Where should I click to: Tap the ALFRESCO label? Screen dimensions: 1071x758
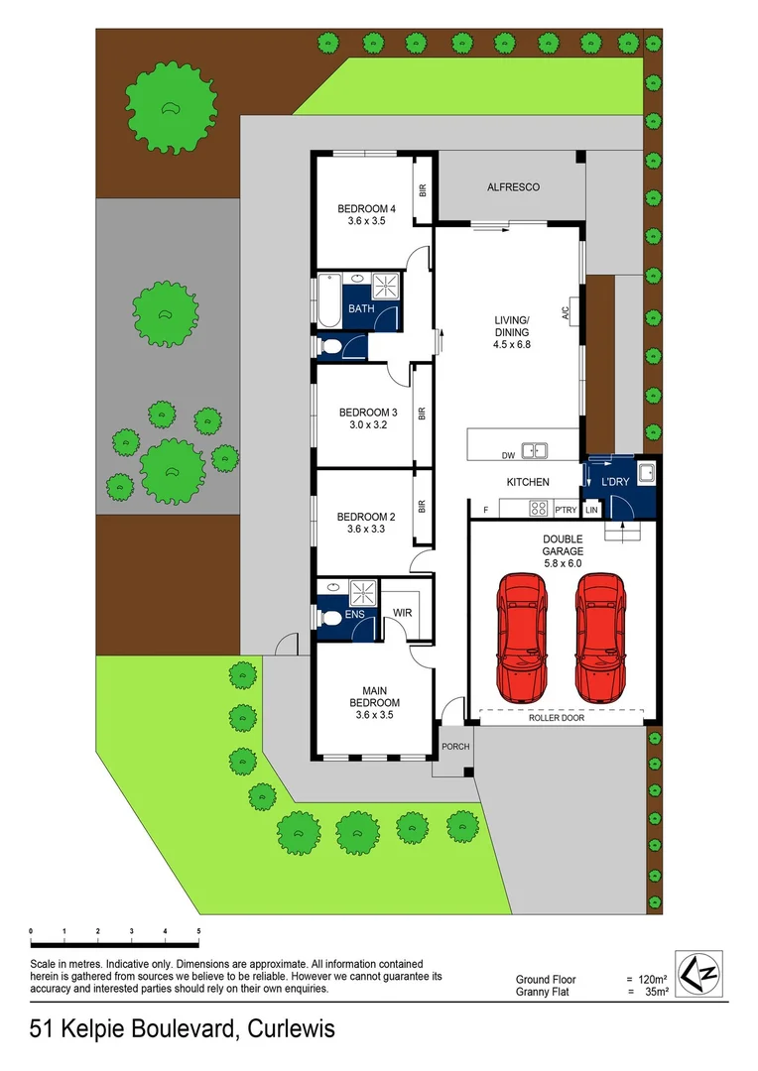[513, 186]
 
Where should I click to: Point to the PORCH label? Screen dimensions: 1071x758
[455, 747]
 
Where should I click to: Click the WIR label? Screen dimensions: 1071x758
[403, 614]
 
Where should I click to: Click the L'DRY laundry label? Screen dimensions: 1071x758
[616, 482]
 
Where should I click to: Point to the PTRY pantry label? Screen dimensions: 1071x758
[566, 510]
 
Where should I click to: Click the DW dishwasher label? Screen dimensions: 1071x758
[508, 455]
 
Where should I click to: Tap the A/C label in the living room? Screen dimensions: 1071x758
[566, 314]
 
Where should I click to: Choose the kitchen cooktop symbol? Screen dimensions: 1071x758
[540, 508]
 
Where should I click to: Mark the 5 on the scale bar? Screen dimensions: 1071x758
[199, 931]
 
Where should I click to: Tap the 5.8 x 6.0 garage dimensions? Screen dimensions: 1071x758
[562, 563]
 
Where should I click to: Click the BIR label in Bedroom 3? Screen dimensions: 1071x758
[423, 413]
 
